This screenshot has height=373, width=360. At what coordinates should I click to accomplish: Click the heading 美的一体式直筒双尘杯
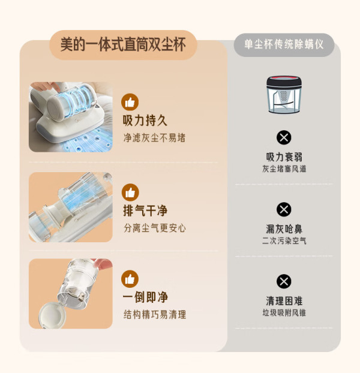click(x=123, y=44)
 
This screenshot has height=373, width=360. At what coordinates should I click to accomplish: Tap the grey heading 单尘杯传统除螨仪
click(x=284, y=44)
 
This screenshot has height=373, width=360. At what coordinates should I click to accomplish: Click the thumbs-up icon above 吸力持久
click(x=130, y=102)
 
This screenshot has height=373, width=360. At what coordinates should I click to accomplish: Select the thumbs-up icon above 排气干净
click(x=130, y=192)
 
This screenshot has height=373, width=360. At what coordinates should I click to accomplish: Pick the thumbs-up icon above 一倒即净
click(x=130, y=279)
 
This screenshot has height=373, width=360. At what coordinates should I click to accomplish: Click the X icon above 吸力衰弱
click(x=284, y=137)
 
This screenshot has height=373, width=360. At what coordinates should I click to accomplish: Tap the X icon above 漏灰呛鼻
click(x=284, y=209)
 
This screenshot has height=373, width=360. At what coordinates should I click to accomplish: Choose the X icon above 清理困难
click(x=284, y=281)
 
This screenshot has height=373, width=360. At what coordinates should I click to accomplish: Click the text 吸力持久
click(x=145, y=121)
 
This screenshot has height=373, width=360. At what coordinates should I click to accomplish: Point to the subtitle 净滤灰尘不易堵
click(x=154, y=138)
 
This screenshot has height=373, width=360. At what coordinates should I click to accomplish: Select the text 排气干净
click(x=145, y=210)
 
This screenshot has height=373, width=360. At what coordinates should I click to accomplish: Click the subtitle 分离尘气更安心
click(x=155, y=228)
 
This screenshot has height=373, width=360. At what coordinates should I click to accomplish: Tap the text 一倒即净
click(x=145, y=297)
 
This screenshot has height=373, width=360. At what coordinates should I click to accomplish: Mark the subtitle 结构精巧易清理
click(x=155, y=314)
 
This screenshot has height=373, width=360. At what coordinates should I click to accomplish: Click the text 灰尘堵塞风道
click(x=284, y=169)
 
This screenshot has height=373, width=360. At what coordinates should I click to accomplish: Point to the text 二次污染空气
click(x=284, y=240)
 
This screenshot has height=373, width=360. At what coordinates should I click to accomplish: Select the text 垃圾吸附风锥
click(x=284, y=312)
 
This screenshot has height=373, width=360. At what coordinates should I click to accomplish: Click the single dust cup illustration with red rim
click(x=284, y=94)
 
